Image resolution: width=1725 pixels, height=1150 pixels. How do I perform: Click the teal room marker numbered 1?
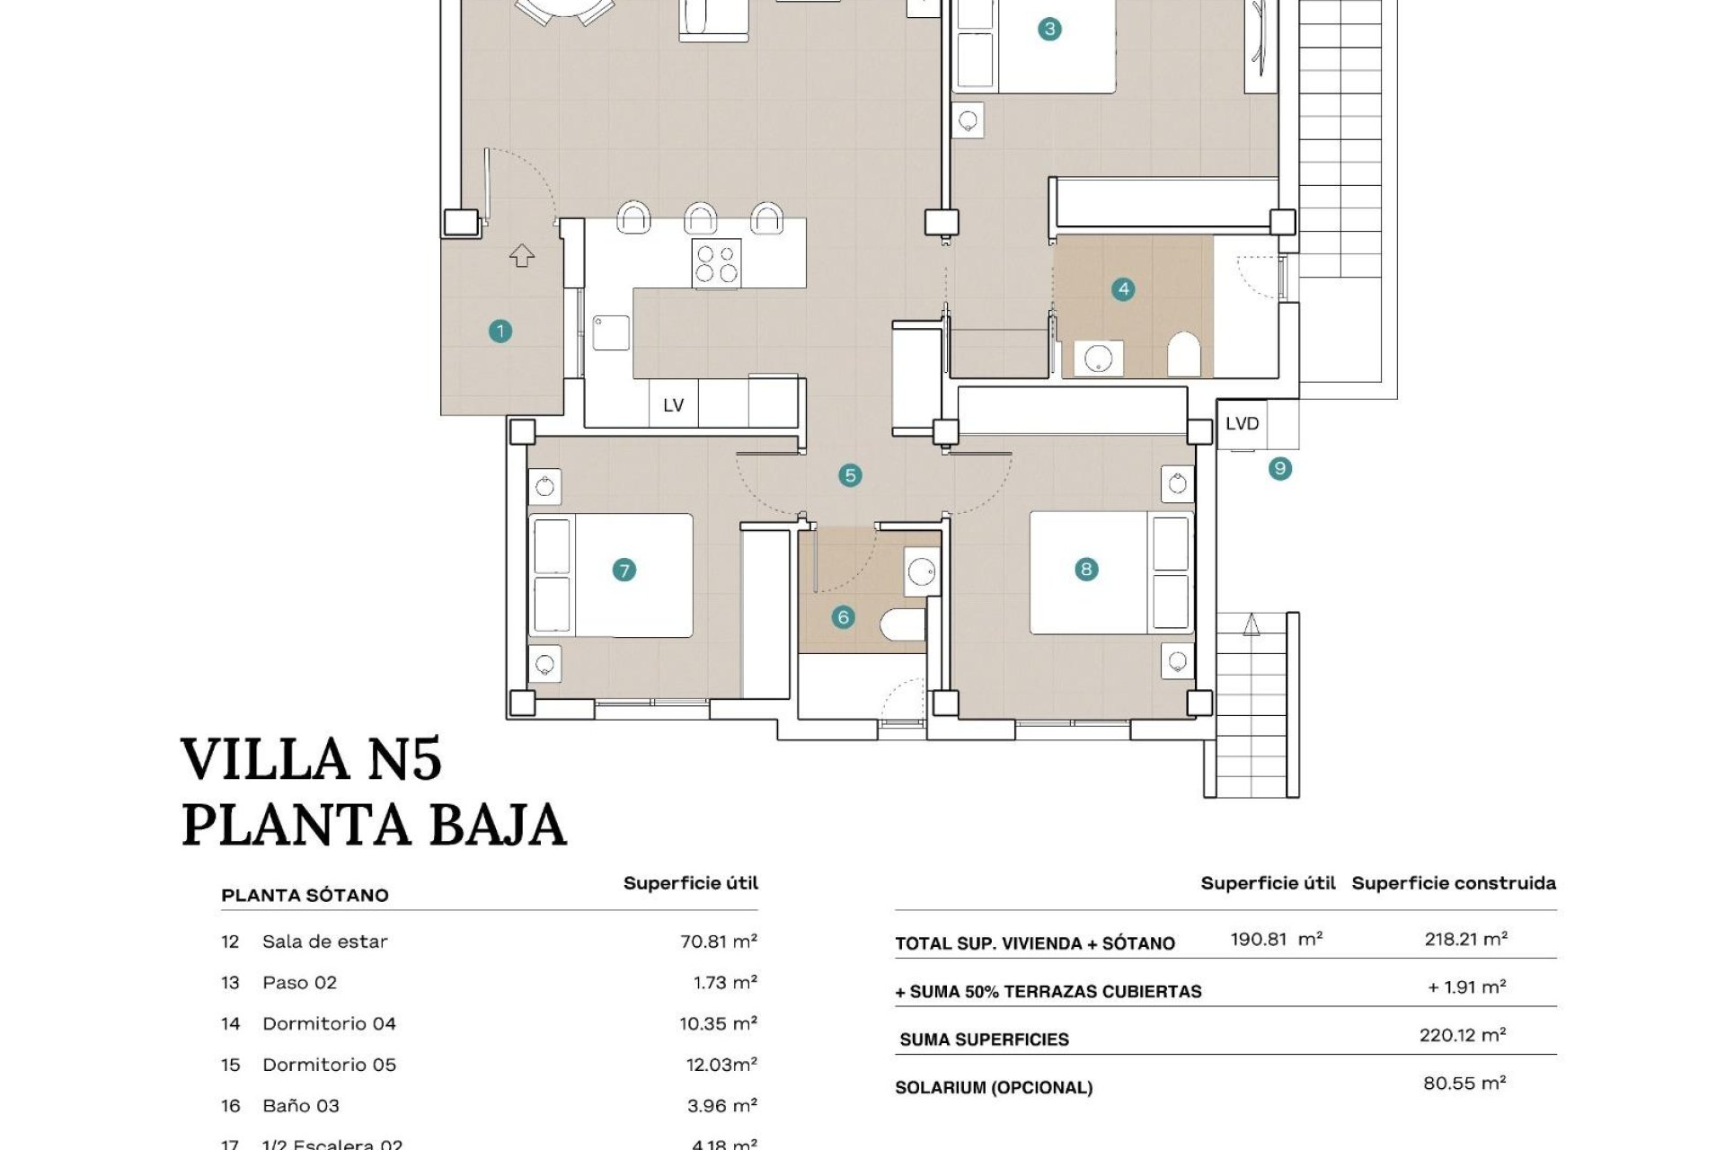[x=500, y=332]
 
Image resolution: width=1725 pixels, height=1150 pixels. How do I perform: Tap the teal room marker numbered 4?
[x=1123, y=289]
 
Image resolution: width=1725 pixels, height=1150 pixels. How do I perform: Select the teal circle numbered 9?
[x=1280, y=468]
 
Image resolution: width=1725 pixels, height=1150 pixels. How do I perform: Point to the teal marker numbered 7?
[x=624, y=570]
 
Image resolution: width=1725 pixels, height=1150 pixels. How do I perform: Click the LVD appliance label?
[x=1242, y=423]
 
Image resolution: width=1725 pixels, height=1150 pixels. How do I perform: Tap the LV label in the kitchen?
[x=673, y=405]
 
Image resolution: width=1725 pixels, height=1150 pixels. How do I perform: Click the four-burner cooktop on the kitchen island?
[x=716, y=263]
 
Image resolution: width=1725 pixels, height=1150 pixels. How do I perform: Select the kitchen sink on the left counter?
[x=611, y=332]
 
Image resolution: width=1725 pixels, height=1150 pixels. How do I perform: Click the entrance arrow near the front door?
[x=522, y=256]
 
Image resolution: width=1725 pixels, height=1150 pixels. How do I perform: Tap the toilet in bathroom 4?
[x=1183, y=355]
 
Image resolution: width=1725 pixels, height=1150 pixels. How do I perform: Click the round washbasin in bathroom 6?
[x=921, y=571]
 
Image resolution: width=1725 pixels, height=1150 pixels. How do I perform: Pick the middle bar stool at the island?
[x=701, y=218]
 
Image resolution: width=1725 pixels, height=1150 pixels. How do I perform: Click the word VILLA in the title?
[x=265, y=759]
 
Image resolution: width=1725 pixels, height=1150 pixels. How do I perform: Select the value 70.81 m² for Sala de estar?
[x=718, y=942]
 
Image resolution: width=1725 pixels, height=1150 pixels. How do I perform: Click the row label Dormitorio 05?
[x=329, y=1065]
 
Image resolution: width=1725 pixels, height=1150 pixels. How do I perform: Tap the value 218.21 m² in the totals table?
[x=1465, y=939]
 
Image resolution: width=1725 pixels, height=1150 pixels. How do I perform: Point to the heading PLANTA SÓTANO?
[x=305, y=895]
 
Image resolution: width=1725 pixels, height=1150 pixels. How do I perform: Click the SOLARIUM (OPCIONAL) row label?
[x=994, y=1088]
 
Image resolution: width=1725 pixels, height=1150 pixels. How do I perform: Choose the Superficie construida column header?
[x=1453, y=883]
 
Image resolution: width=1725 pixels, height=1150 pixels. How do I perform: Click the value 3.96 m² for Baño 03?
[x=721, y=1106]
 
